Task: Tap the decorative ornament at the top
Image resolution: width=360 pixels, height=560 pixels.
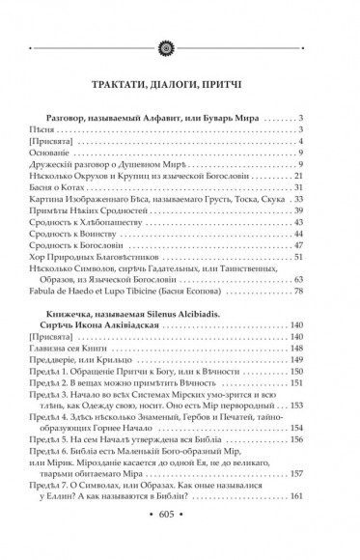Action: [180, 16]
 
